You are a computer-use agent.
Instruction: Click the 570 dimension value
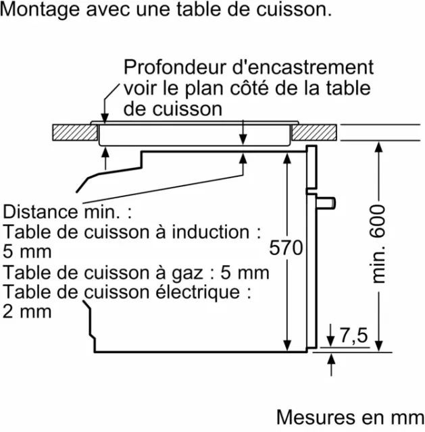click(286, 248)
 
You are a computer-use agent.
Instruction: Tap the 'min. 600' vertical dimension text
click(377, 244)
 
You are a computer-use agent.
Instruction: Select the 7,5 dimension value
click(354, 335)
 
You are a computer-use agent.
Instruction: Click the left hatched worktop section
click(75, 132)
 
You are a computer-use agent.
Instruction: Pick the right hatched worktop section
click(314, 132)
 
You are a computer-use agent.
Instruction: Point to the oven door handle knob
click(326, 203)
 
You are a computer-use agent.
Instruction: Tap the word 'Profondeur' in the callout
click(176, 67)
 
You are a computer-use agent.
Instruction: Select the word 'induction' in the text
click(210, 232)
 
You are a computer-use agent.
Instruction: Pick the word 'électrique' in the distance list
click(198, 292)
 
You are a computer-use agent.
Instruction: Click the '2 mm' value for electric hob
click(27, 312)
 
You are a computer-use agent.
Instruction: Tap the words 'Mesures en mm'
click(350, 417)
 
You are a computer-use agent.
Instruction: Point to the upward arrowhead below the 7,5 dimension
click(331, 359)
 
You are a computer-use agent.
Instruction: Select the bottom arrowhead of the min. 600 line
click(379, 346)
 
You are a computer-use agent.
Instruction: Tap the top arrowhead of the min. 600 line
click(379, 147)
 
